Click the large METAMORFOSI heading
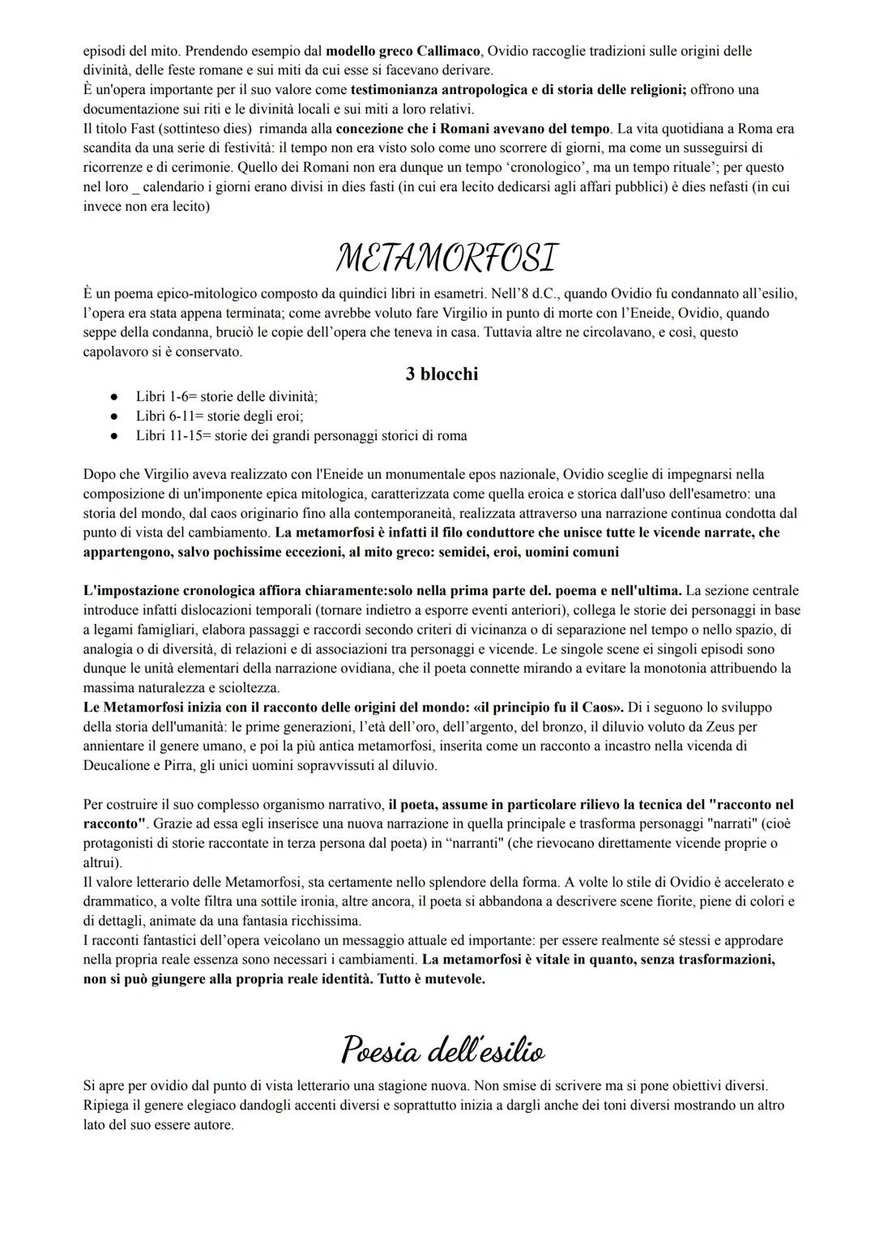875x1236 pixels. pos(446,258)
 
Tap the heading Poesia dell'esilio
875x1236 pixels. pos(442,1050)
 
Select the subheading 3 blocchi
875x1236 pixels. pos(442,374)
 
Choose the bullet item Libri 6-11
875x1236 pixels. pos(219,416)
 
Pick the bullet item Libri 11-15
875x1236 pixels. pos(301,435)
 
